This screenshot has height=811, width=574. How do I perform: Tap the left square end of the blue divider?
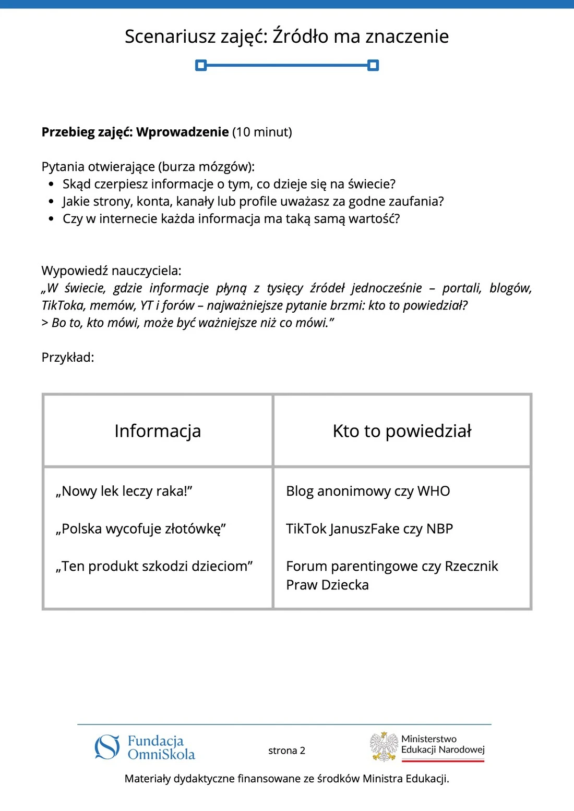[201, 65]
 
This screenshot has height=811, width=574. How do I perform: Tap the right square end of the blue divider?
[373, 65]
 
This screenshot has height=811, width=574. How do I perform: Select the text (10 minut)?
[262, 132]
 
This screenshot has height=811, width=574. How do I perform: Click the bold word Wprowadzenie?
[183, 132]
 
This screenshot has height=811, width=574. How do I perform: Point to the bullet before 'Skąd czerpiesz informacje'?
[51, 185]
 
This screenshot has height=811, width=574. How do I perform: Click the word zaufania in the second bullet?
[417, 201]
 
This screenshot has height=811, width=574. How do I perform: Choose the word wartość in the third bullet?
[374, 218]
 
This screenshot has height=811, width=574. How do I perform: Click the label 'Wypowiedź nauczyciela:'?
[112, 271]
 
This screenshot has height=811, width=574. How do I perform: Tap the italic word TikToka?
[63, 305]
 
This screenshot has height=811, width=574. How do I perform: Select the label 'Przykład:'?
[68, 358]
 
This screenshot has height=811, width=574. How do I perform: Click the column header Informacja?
[158, 431]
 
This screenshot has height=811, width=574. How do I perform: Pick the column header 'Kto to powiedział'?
[402, 431]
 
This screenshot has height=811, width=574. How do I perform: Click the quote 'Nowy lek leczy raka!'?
[124, 491]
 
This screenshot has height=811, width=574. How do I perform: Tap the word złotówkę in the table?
[196, 529]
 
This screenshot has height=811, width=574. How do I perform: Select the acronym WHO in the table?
[434, 491]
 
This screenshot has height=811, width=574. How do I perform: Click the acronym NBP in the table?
[439, 529]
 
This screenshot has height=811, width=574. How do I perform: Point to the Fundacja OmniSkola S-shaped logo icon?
[107, 747]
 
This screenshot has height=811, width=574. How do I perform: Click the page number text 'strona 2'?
[286, 751]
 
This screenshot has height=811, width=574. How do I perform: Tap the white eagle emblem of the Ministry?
[384, 746]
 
